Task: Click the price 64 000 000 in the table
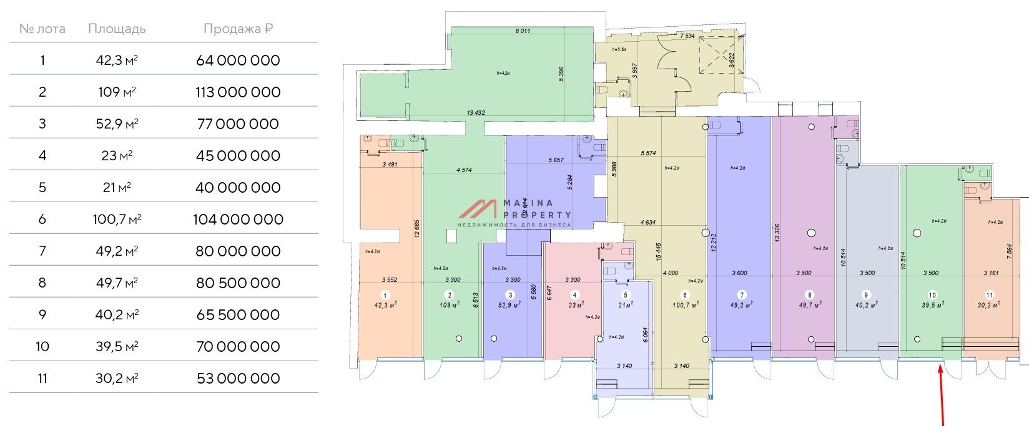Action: tap(238, 61)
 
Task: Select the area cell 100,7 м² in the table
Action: tap(117, 220)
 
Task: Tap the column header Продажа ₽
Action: tap(238, 29)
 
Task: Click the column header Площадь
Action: tap(117, 29)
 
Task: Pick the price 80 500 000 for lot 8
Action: tap(238, 283)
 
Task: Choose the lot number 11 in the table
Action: tap(42, 379)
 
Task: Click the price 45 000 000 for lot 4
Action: tap(238, 156)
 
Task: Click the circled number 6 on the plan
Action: tap(685, 295)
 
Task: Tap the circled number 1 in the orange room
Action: tap(385, 295)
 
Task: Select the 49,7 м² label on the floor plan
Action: tap(810, 305)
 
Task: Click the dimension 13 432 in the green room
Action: tap(475, 113)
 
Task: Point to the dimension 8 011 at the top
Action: tap(523, 31)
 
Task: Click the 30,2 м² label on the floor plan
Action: tap(989, 305)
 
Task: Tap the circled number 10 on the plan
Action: tap(932, 295)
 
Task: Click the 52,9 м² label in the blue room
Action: tap(510, 305)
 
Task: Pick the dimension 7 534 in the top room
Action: tap(687, 36)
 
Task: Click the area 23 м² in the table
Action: tap(117, 156)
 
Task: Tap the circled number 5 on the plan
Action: tap(626, 295)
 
